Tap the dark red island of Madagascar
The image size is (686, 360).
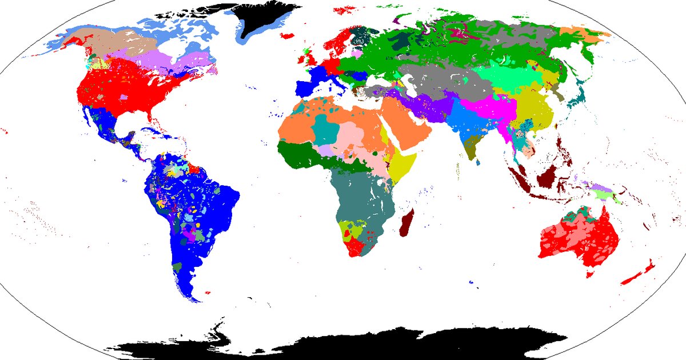click(408, 223)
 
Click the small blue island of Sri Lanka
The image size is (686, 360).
click(477, 161)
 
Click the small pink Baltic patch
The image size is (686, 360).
click(357, 53)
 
